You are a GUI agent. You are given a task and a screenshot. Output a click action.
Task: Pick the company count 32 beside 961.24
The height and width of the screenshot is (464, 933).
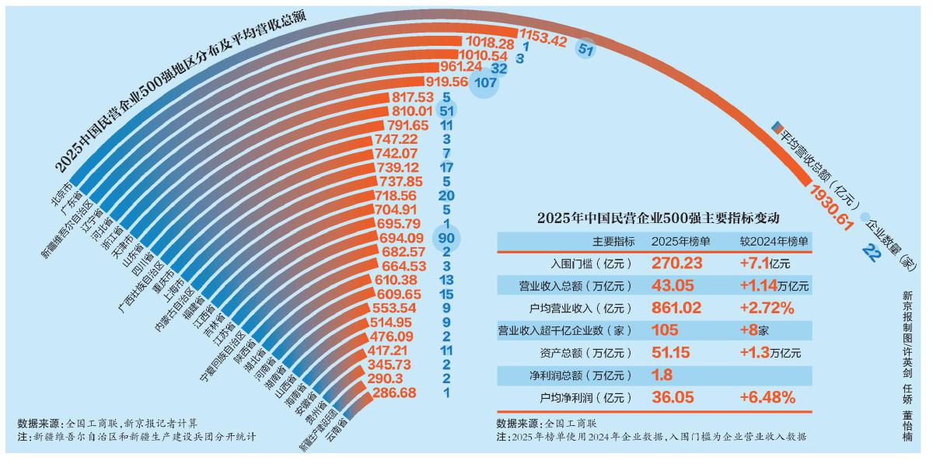499,68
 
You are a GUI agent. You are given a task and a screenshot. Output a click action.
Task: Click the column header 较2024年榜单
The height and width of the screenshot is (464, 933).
774,241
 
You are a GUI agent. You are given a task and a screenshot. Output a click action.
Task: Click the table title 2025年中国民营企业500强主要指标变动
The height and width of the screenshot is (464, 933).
657,218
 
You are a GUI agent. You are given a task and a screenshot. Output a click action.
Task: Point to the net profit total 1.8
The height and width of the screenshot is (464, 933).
662,375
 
